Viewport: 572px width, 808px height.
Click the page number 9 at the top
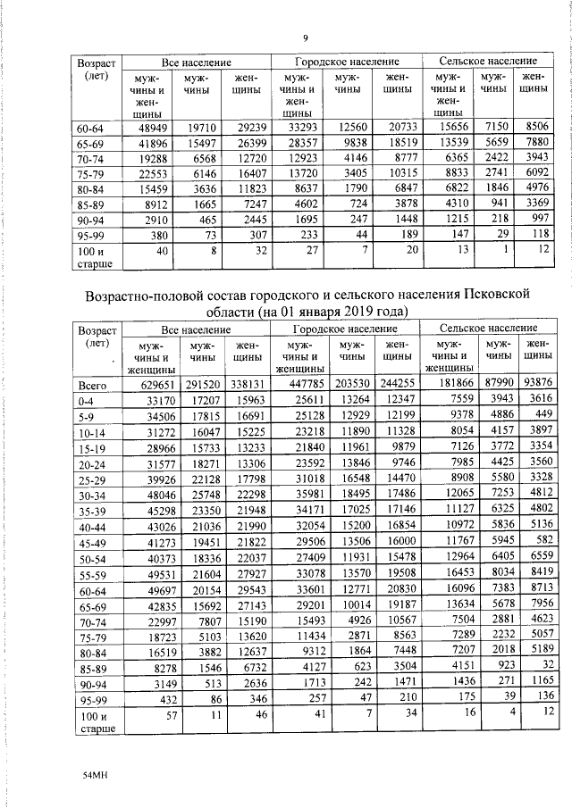point(305,37)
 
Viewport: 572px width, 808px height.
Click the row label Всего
point(93,385)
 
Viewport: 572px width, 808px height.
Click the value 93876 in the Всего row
point(534,385)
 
